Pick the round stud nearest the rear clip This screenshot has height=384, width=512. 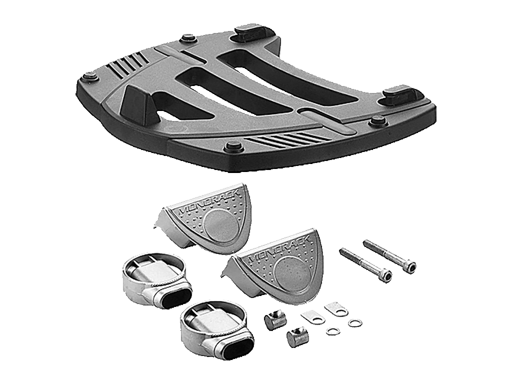tap(189, 38)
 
